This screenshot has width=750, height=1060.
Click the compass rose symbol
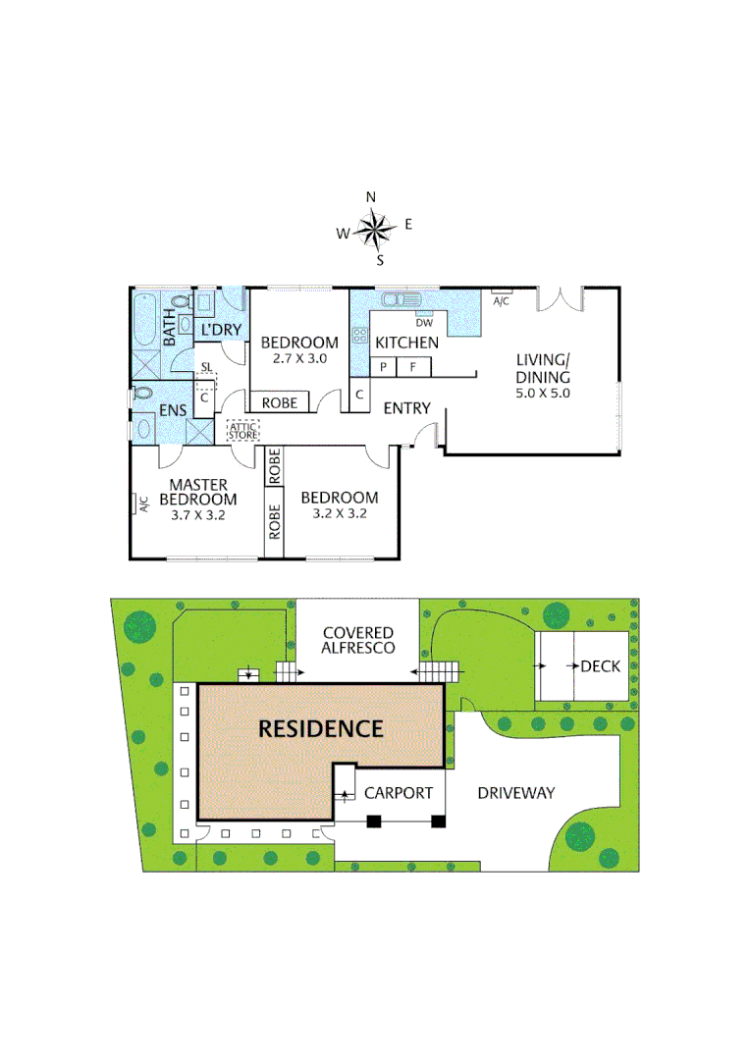pos(373,230)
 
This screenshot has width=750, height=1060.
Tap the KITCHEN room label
pos(406,343)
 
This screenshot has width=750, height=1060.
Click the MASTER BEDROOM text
pos(198,492)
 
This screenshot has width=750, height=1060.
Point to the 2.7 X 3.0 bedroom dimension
pos(298,359)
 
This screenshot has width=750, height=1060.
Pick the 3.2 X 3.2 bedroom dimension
pos(339,512)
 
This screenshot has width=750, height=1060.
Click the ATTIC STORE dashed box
pos(242,430)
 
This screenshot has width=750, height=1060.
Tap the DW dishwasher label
pos(424,323)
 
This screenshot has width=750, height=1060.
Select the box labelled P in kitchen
pos(383,367)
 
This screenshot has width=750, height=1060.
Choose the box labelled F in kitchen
pos(413,367)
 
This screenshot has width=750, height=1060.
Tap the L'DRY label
pos(221,330)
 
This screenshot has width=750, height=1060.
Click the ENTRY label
pos(406,407)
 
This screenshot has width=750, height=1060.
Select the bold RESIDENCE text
pos(320,729)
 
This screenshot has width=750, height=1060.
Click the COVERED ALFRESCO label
pos(358,641)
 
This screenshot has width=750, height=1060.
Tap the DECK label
pos(600,666)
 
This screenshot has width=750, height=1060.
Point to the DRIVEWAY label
pos(516,793)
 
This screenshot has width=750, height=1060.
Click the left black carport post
pos(373,821)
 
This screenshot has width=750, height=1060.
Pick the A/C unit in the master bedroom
pos(141,504)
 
